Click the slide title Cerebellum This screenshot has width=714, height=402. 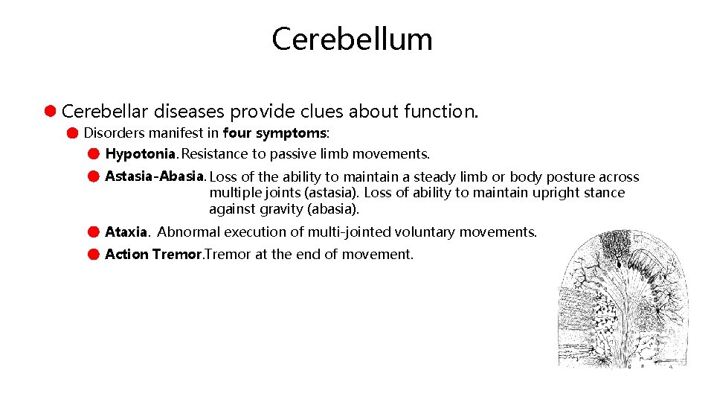tap(352, 39)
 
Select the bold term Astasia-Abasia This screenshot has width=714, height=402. tap(155, 176)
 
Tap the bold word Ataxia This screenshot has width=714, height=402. tap(127, 232)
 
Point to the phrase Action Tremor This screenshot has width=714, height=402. tap(153, 255)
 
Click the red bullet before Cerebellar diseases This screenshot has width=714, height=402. tap(49, 112)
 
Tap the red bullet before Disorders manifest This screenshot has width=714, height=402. tap(71, 133)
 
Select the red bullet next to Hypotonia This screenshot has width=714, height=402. tap(92, 154)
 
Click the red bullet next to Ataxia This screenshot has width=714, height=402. tap(92, 232)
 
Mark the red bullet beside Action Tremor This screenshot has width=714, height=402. tap(92, 255)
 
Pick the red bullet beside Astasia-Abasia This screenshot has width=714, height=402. tap(92, 177)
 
